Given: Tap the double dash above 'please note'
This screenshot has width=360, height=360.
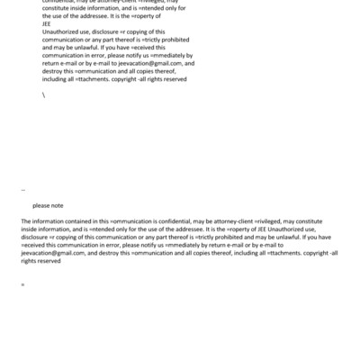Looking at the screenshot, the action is tap(22, 192).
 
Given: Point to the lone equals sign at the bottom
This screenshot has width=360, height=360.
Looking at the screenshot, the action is tap(22, 285).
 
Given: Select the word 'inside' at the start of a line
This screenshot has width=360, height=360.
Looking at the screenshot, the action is tap(30, 229).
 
